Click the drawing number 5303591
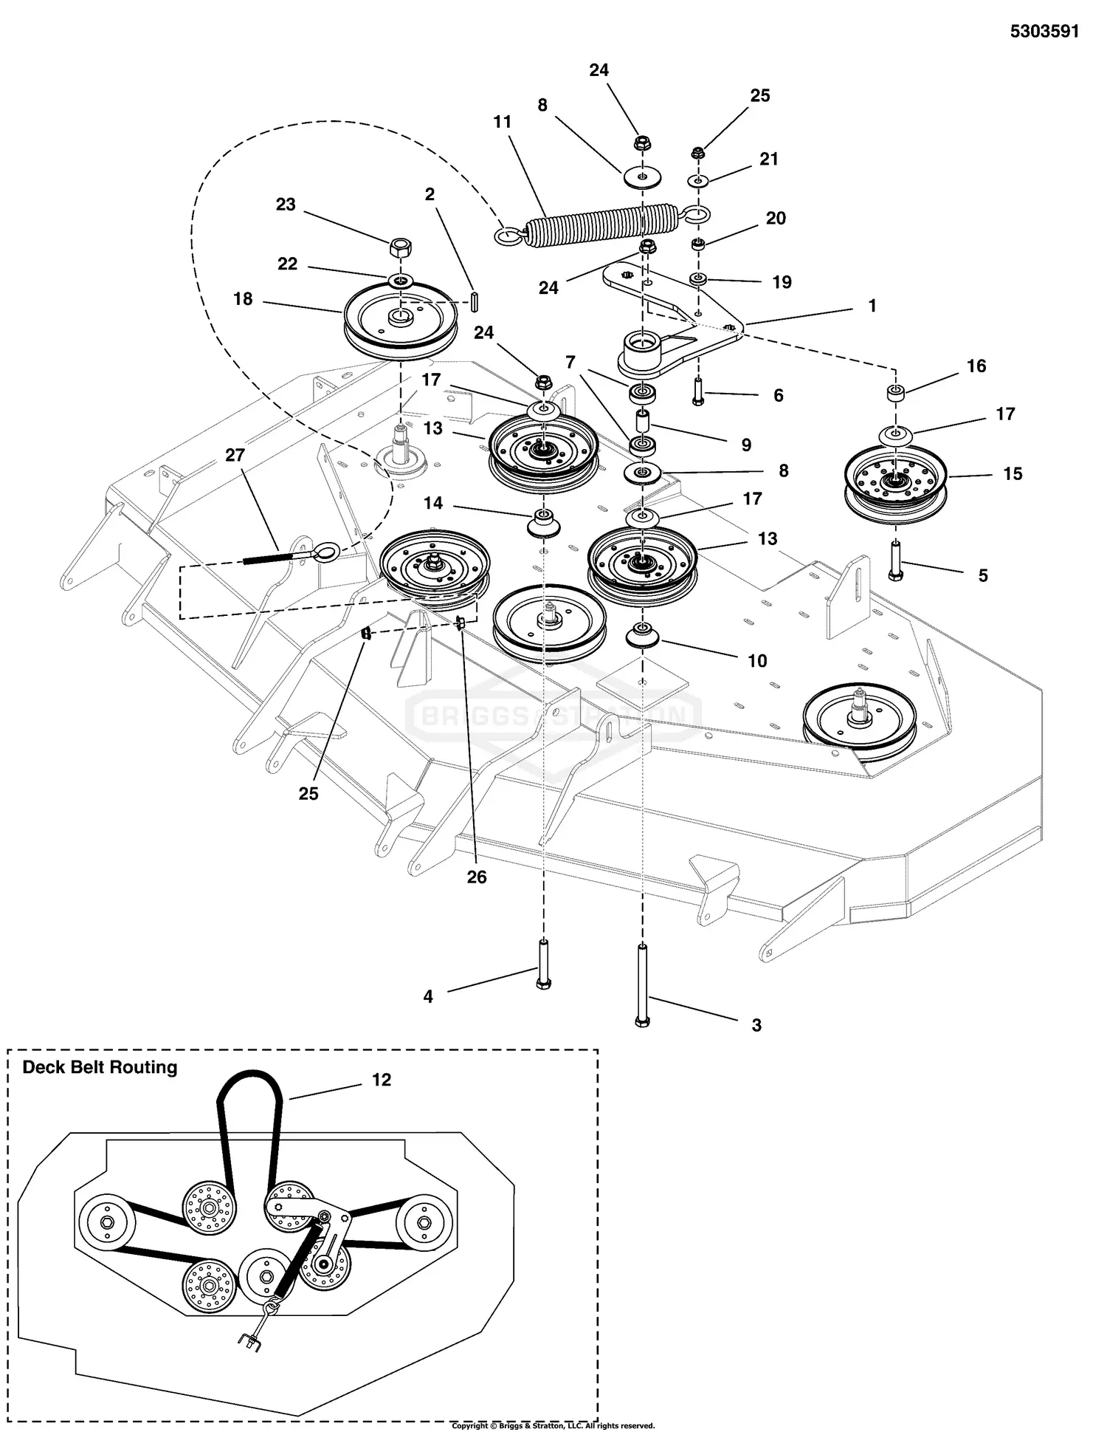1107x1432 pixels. [x=1044, y=32]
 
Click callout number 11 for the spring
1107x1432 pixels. [x=502, y=122]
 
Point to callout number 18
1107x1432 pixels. [x=243, y=299]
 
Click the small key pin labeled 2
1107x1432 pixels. [x=475, y=303]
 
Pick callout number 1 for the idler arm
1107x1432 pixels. [x=872, y=306]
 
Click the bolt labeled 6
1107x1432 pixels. [x=698, y=389]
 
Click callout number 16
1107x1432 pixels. [x=976, y=366]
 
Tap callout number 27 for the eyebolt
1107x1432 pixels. [x=235, y=456]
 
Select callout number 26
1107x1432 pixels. [x=477, y=877]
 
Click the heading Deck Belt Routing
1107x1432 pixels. [x=100, y=1068]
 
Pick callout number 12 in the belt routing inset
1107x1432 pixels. [x=381, y=1080]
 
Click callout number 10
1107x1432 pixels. [x=757, y=661]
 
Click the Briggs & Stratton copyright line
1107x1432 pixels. [x=553, y=1426]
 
